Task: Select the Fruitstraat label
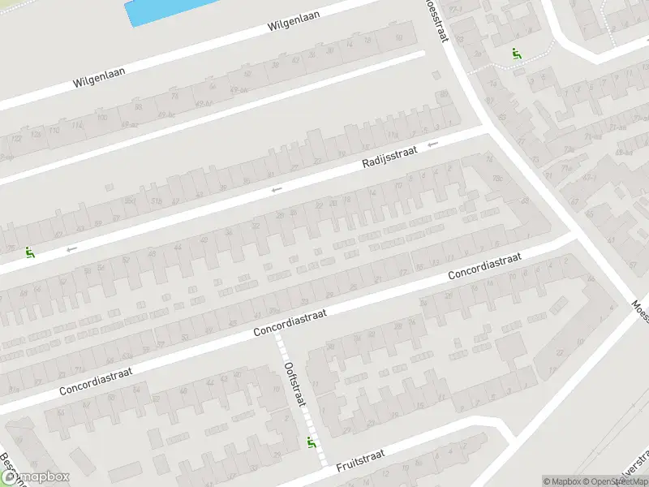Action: [359, 459]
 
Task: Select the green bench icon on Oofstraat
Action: [311, 442]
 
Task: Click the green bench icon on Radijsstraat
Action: [31, 252]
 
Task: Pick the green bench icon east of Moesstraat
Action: [515, 54]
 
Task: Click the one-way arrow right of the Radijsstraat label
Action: [433, 144]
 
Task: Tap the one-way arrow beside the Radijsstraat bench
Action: [72, 248]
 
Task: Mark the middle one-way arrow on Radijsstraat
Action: [277, 189]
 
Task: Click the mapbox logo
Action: [37, 476]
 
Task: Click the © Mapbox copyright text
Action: [562, 481]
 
